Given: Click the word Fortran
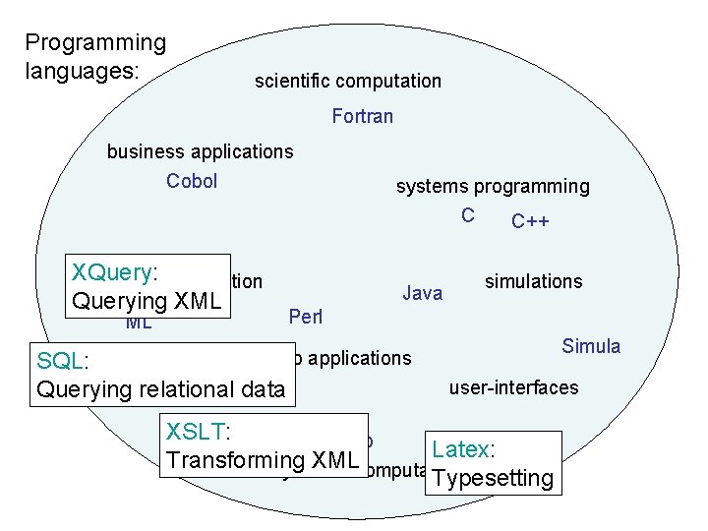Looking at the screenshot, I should coord(362,116).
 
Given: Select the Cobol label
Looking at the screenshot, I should coord(192,181).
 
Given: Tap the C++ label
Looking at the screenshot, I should coord(530,221).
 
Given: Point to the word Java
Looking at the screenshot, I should coord(423,292).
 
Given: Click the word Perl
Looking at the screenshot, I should coord(306,317).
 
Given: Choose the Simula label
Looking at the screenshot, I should coord(591,346).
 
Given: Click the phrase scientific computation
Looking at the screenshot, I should coord(347,81).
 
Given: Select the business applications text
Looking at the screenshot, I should coord(200,151).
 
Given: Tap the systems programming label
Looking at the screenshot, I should coord(493,186).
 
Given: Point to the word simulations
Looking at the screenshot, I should coord(533,281).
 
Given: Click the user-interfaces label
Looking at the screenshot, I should coord(513,387).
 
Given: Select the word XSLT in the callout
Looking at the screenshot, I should coord(196,431).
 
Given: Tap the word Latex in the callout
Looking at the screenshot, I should coord(460,449).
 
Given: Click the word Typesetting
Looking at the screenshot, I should coord(493,478).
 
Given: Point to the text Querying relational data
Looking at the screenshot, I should coord(160,389).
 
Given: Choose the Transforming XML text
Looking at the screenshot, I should coord(263,459).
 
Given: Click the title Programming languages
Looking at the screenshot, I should coord(95,56).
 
